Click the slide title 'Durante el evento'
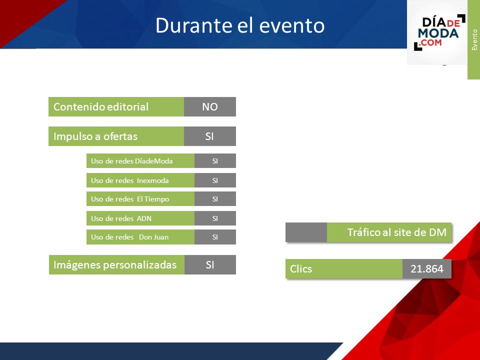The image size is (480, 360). click(x=240, y=25)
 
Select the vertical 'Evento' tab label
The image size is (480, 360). click(x=474, y=40)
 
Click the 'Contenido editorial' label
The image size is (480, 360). click(x=101, y=107)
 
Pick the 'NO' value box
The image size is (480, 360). click(x=210, y=107)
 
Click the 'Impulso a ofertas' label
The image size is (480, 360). click(x=95, y=136)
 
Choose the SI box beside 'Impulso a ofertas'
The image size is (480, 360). click(x=210, y=136)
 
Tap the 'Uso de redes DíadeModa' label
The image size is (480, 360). click(x=132, y=161)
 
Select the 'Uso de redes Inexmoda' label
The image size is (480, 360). click(x=130, y=180)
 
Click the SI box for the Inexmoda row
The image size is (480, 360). click(x=215, y=180)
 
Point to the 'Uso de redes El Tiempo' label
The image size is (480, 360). click(x=130, y=199)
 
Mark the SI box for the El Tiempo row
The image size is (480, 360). click(x=215, y=198)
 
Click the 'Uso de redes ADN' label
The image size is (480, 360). click(x=121, y=218)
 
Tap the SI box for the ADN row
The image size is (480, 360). click(x=215, y=218)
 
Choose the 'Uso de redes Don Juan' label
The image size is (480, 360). click(x=130, y=237)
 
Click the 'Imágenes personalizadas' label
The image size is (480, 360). click(x=115, y=265)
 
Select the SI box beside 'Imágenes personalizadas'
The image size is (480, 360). click(x=210, y=265)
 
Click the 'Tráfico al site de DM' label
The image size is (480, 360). click(x=396, y=232)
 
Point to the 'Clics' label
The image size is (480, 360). click(x=301, y=269)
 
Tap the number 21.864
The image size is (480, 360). click(x=426, y=269)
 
